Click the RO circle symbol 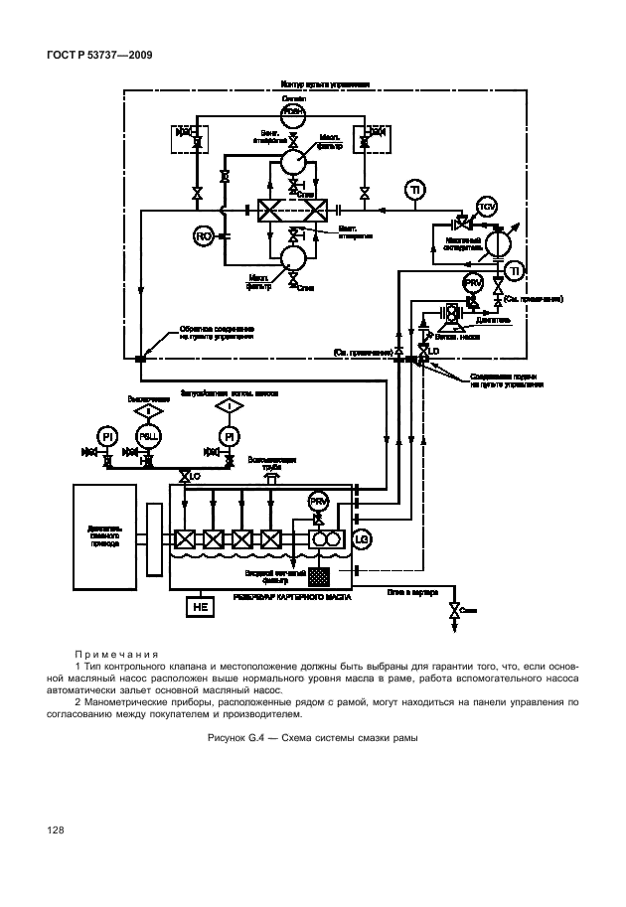(x=203, y=235)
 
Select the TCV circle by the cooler (x=487, y=207)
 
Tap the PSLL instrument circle (x=149, y=436)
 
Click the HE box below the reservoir (x=199, y=606)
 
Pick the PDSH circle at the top (x=293, y=113)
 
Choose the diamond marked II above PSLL (x=149, y=408)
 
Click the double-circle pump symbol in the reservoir (x=324, y=538)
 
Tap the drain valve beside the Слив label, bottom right (x=455, y=609)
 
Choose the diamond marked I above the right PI (x=230, y=408)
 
